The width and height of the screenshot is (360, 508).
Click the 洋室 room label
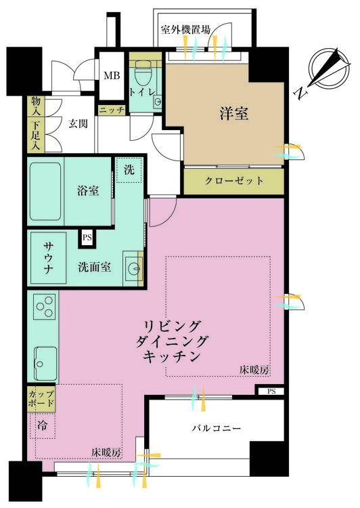pyautogui.click(x=233, y=114)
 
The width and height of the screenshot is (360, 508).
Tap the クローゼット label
pyautogui.click(x=234, y=181)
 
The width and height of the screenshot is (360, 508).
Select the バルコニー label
pyautogui.click(x=217, y=429)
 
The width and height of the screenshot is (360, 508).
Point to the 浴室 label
pyautogui.click(x=88, y=191)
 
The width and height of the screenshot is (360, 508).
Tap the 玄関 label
pyautogui.click(x=80, y=124)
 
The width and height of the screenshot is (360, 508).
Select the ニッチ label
pyautogui.click(x=112, y=110)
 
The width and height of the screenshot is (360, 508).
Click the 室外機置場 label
pyautogui.click(x=185, y=30)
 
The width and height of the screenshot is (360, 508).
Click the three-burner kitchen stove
pyautogui.click(x=43, y=309)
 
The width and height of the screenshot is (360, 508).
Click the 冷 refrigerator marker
pyautogui.click(x=42, y=425)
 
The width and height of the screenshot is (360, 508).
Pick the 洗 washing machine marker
pyautogui.click(x=128, y=170)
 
